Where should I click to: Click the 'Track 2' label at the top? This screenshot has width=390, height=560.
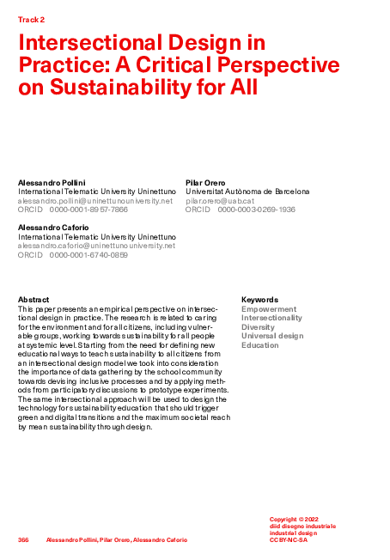(31, 18)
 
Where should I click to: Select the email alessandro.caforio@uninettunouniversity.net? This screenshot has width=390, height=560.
(96, 245)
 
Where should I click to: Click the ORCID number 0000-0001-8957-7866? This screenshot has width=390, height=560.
(88, 209)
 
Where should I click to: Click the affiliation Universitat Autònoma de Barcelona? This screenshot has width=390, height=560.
(247, 192)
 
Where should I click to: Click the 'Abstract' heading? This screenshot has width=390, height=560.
(34, 300)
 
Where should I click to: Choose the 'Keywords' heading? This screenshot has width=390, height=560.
(259, 300)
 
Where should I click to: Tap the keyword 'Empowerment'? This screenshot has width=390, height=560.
(269, 309)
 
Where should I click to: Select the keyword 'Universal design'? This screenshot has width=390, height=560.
(272, 336)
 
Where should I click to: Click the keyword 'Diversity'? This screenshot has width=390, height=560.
(258, 327)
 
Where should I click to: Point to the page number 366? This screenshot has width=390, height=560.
(23, 539)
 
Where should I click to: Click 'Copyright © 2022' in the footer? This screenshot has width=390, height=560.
(295, 520)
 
